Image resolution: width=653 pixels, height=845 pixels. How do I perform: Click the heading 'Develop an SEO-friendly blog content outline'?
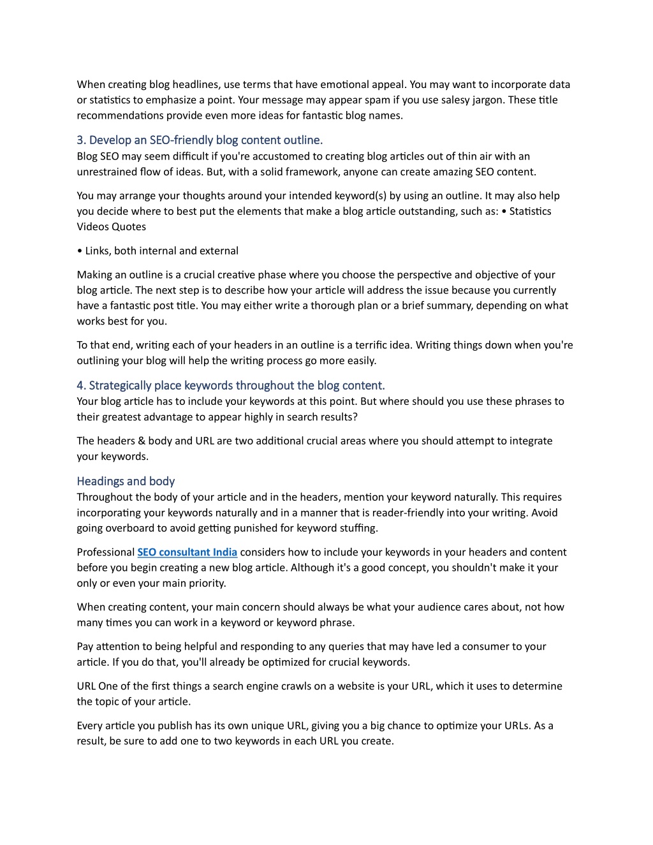click(200, 140)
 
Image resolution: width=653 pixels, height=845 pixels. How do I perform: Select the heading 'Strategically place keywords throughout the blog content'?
click(231, 385)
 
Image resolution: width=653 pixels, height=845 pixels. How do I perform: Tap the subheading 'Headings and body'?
click(126, 481)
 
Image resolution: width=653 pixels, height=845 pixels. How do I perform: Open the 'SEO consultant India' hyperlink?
click(187, 552)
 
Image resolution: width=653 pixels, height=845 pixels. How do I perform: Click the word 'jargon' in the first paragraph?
click(485, 100)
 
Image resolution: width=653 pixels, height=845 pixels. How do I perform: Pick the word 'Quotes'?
click(129, 226)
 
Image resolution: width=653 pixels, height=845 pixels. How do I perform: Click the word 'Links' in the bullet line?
click(98, 251)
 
